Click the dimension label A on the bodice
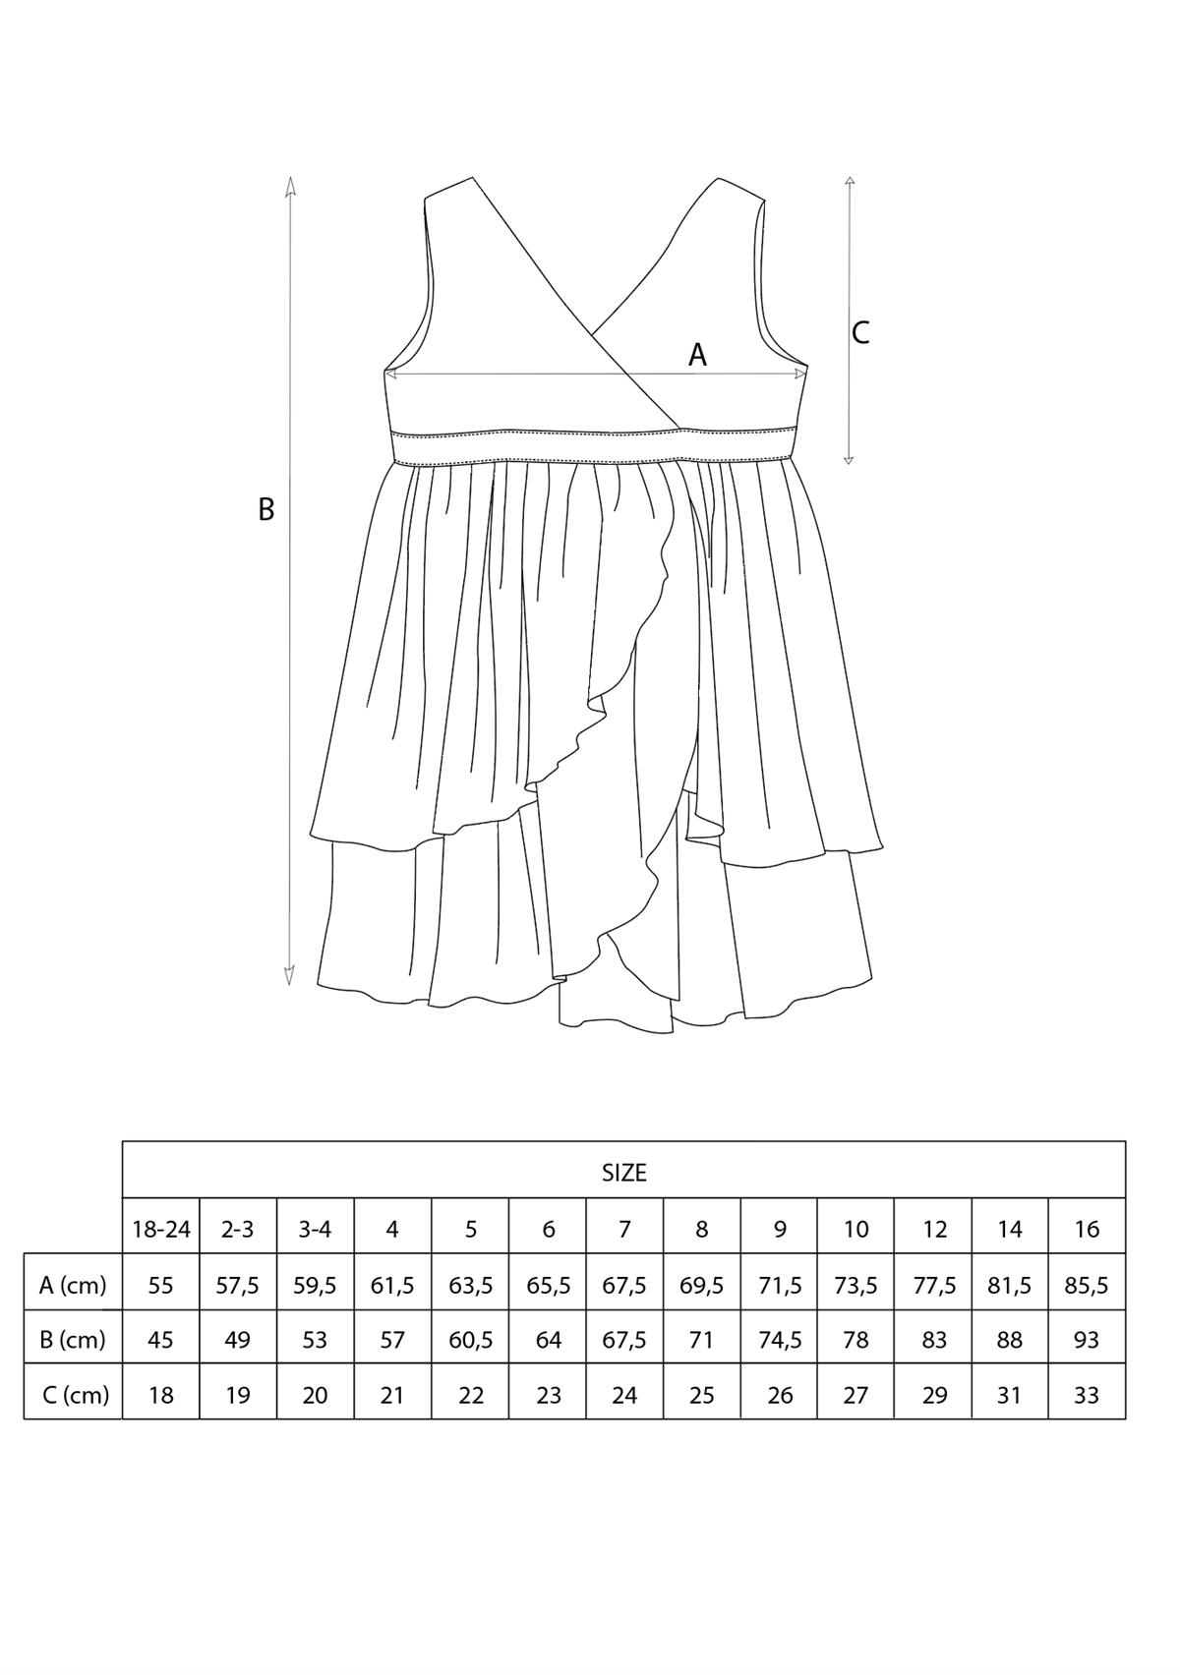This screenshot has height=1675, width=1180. pos(697,355)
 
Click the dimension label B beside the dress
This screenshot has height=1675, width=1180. pos(266,509)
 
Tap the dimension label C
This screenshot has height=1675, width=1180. pos(860,333)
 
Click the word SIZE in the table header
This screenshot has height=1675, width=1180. pos(624,1172)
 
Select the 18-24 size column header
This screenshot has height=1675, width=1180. pos(161,1229)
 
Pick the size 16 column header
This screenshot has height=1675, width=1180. pos(1087,1229)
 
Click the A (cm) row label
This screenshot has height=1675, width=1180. pos(73,1284)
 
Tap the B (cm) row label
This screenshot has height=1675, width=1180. pos(73,1339)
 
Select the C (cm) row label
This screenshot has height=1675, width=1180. pos(75,1394)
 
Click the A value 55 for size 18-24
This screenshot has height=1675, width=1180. pos(160,1284)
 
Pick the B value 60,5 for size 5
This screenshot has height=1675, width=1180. pos(471,1339)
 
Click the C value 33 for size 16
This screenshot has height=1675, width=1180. pos(1087,1394)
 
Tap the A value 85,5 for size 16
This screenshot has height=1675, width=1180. pos(1087,1284)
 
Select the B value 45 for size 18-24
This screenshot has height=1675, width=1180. pos(160,1339)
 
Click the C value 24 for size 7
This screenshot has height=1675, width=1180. pos(624,1394)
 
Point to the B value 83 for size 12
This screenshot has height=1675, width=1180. pos(934,1339)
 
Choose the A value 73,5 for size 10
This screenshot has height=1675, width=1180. pos(856,1284)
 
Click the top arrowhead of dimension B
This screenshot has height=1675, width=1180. pos(290,184)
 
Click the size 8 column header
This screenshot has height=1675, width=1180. pos(702,1229)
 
